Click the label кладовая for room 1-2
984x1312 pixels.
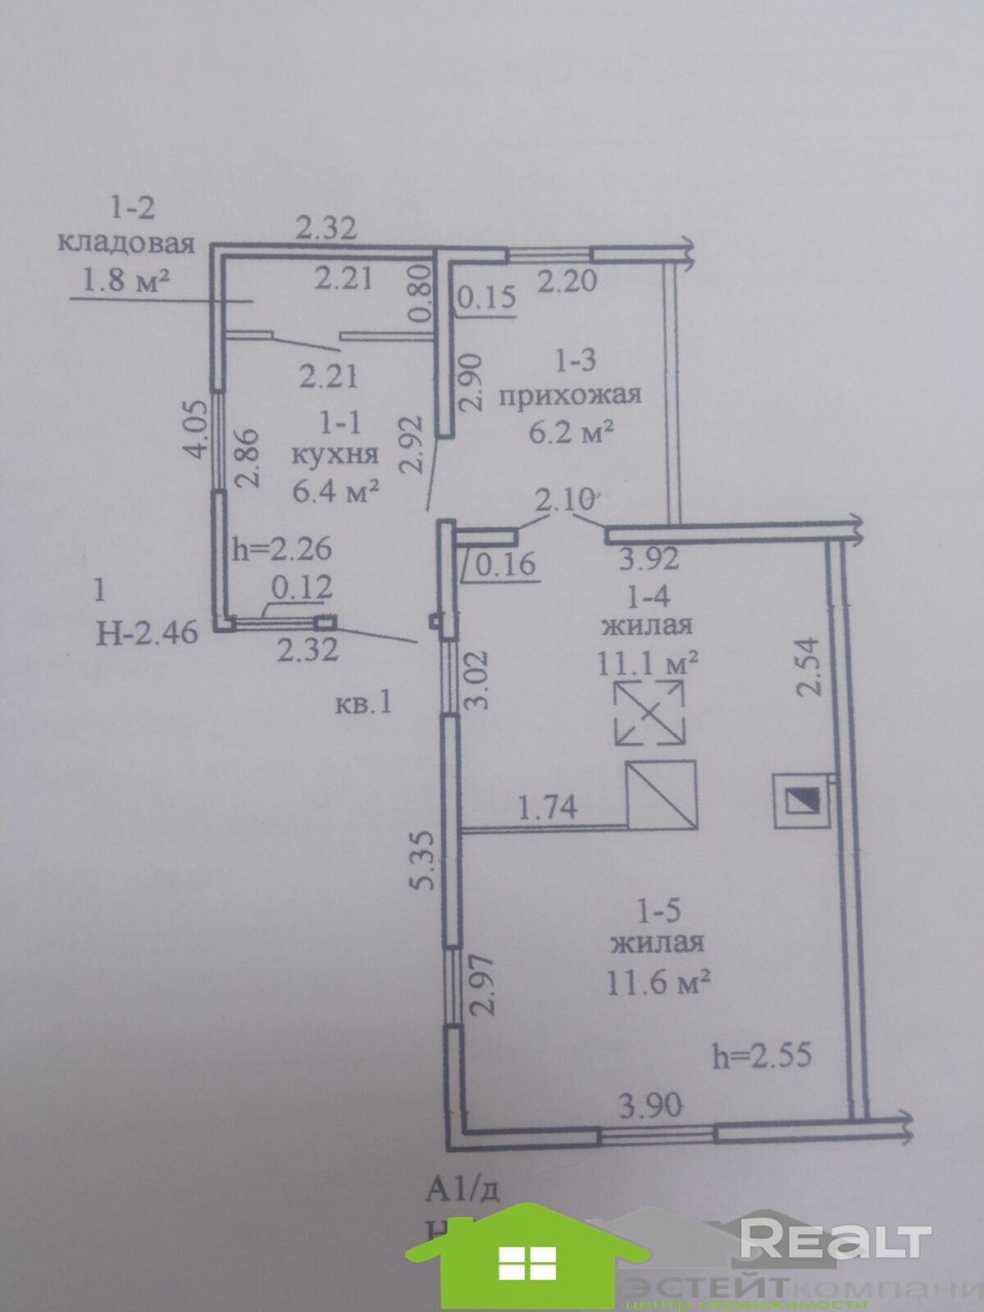(x=126, y=244)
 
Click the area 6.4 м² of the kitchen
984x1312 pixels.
(x=336, y=492)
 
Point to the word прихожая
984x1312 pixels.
(x=569, y=396)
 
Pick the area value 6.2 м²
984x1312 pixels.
(x=572, y=431)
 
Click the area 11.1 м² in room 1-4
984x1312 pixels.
(x=647, y=661)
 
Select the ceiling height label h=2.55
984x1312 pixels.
(x=762, y=1055)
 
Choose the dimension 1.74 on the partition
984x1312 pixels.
(x=548, y=808)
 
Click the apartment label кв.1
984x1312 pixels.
(x=364, y=704)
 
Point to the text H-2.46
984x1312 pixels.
(x=147, y=632)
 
